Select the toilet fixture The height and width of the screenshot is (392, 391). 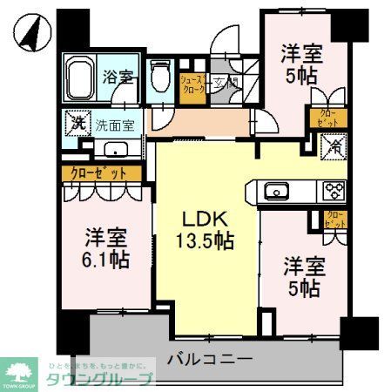(x=159, y=76)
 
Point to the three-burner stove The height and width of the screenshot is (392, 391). (x=334, y=192)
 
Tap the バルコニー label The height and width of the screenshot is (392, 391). (x=208, y=358)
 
